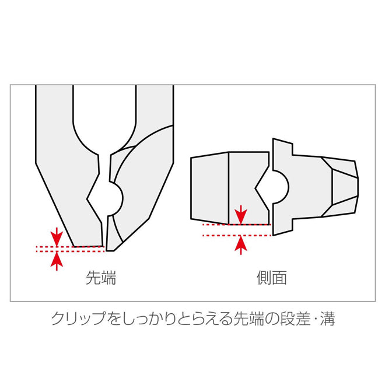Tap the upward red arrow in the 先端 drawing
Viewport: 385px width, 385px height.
point(56,260)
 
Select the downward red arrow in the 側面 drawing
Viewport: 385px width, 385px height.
point(239,214)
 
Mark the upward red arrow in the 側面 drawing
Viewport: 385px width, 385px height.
point(239,245)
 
